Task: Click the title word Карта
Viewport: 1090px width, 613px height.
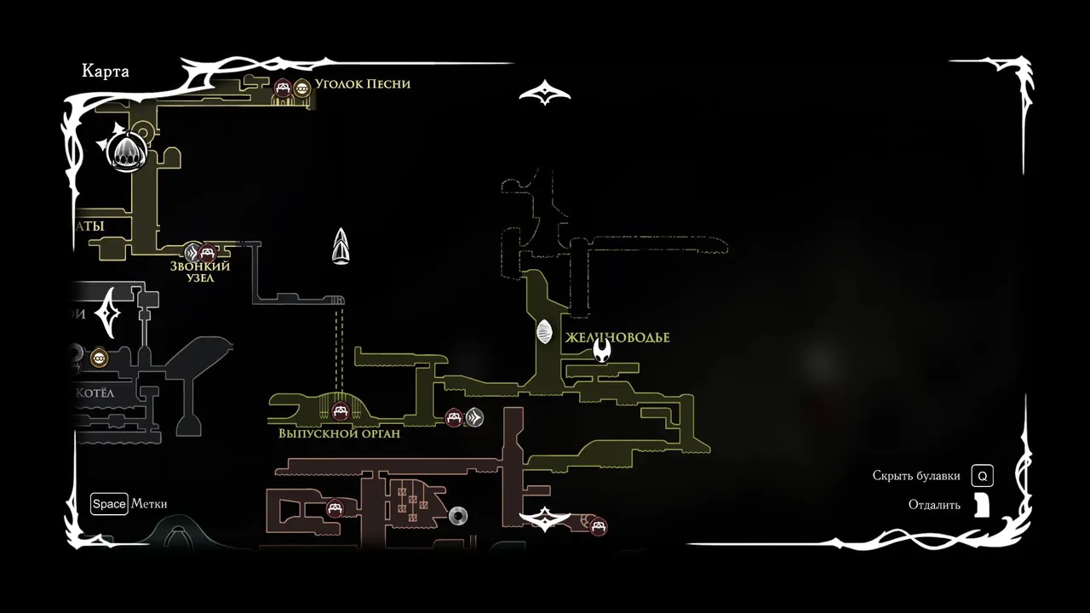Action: tap(106, 72)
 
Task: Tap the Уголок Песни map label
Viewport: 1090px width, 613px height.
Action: tap(362, 83)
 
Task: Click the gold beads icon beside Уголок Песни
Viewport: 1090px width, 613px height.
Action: tap(301, 86)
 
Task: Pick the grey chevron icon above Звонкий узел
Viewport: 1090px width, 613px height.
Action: tap(193, 252)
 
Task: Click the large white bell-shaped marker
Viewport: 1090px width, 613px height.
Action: tap(124, 152)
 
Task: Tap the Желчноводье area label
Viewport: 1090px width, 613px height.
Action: tap(617, 338)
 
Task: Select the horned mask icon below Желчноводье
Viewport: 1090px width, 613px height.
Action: tap(602, 351)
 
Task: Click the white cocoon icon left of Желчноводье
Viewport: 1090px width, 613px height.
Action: tap(545, 332)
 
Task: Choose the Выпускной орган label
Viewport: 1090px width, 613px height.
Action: tap(339, 433)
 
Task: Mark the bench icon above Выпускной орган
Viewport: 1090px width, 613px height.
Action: tap(341, 413)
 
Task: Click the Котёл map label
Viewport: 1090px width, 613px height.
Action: tap(95, 393)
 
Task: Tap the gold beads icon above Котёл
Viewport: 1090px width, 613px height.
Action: tap(100, 358)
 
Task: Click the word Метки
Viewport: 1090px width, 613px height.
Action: tap(149, 504)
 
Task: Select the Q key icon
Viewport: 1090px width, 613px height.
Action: tap(982, 476)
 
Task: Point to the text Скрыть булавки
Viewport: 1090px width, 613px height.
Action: tap(916, 476)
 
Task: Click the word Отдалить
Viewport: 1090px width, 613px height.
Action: tap(934, 505)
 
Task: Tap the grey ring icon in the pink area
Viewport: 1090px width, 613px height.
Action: tap(458, 515)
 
